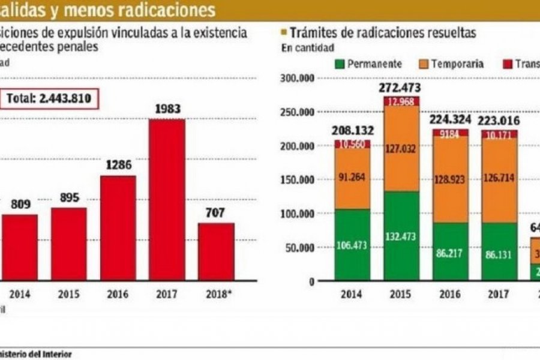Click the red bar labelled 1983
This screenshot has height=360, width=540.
click(167, 199)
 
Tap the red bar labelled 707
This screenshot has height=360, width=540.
click(216, 251)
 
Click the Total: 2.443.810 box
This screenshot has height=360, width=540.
click(49, 99)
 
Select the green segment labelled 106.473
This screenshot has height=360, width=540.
click(352, 245)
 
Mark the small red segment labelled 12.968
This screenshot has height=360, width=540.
click(401, 101)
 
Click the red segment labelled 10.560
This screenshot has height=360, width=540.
click(352, 144)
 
